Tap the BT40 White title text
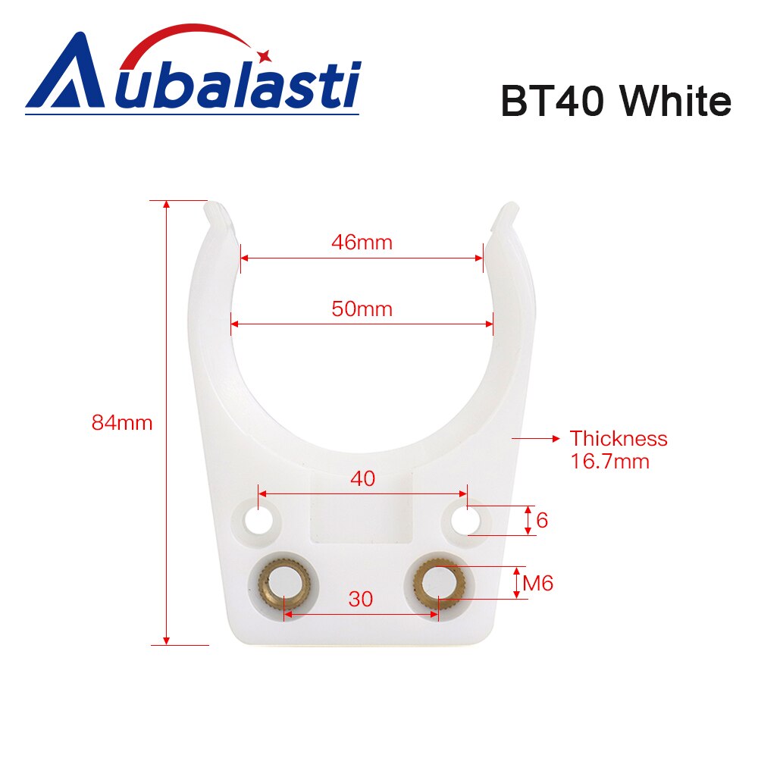tap(615, 103)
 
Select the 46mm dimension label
tap(362, 243)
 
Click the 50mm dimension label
tap(362, 309)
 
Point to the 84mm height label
tap(122, 423)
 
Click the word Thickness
tap(619, 438)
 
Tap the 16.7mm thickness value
tap(609, 461)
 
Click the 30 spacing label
tap(361, 599)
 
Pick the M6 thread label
tap(538, 584)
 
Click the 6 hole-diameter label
tap(541, 521)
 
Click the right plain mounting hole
tap(465, 520)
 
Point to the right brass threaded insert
tap(440, 584)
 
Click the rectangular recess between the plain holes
tap(362, 515)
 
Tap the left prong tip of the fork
tap(217, 213)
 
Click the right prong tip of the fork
tap(506, 213)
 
